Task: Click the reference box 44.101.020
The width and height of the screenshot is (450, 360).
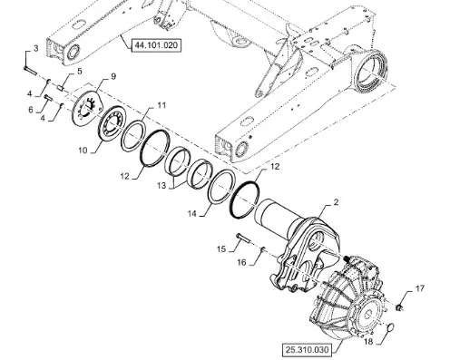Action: pyautogui.click(x=156, y=45)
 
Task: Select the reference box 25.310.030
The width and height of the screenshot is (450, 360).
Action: pyautogui.click(x=307, y=350)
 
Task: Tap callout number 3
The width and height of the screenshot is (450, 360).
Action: pyautogui.click(x=36, y=48)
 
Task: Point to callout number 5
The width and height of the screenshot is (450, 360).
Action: pyautogui.click(x=80, y=72)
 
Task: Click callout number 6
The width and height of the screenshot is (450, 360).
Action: pyautogui.click(x=31, y=110)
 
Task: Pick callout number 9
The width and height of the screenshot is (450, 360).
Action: pyautogui.click(x=113, y=76)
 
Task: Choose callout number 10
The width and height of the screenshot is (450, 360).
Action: pyautogui.click(x=83, y=151)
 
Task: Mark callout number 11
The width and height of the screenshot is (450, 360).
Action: pyautogui.click(x=161, y=105)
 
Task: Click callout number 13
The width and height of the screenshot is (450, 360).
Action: pyautogui.click(x=161, y=186)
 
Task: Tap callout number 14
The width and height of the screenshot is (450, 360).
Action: pyautogui.click(x=191, y=214)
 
